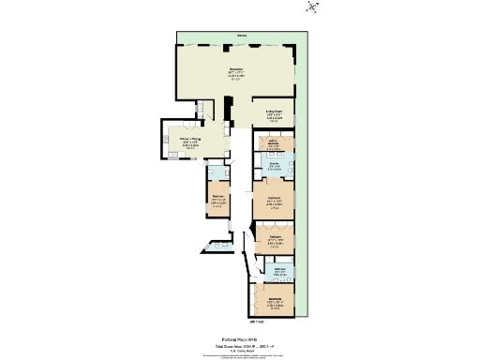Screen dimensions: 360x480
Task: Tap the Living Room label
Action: coord(274,112)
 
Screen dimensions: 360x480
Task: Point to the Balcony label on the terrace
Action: coord(242,37)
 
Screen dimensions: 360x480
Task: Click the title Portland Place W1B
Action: coord(240,340)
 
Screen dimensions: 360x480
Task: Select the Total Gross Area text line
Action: coord(240,347)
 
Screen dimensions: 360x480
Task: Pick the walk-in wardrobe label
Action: coord(271,142)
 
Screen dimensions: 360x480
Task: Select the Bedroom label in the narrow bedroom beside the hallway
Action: coord(217,198)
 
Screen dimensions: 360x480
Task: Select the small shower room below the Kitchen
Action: coord(215,171)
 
